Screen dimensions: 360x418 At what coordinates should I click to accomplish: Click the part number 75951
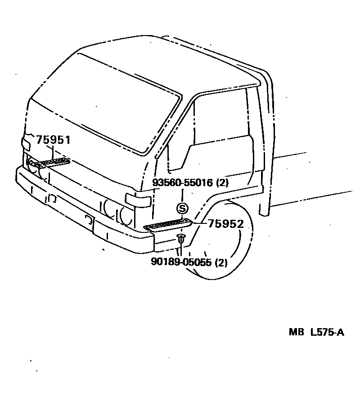(53, 140)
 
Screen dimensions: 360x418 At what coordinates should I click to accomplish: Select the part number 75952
(225, 224)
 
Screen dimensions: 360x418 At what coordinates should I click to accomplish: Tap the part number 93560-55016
(183, 183)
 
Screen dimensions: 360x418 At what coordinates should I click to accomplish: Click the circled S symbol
(182, 208)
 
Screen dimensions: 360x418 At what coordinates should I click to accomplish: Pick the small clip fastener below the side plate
(180, 238)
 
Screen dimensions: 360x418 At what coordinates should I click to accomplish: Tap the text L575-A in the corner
(327, 333)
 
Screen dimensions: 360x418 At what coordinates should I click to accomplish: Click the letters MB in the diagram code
(297, 333)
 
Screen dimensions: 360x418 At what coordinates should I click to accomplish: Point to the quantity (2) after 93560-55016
(222, 183)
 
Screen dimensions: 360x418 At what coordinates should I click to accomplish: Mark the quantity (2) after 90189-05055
(221, 262)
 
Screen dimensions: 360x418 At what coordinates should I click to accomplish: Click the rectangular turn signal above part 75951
(26, 143)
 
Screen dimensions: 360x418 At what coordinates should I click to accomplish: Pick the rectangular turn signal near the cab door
(138, 200)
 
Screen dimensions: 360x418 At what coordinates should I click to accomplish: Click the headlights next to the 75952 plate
(118, 211)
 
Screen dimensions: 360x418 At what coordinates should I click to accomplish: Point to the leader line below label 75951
(43, 155)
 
